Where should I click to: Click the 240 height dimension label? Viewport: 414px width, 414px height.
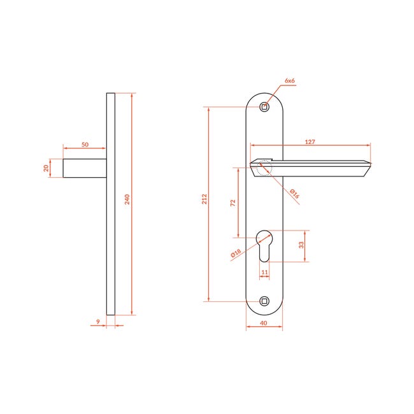click(127, 199)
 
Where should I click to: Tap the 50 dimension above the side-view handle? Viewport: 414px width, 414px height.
click(85, 145)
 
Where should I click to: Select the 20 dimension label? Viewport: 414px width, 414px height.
click(46, 168)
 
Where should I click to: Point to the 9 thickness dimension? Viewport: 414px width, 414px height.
click(98, 322)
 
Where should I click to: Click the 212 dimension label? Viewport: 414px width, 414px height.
click(204, 199)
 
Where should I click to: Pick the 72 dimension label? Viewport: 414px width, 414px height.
click(232, 203)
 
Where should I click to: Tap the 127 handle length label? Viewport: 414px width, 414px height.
click(310, 142)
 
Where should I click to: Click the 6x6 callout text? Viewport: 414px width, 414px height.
click(290, 81)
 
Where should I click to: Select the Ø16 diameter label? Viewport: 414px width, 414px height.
click(294, 194)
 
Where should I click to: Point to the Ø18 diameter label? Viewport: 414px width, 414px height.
click(236, 253)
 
